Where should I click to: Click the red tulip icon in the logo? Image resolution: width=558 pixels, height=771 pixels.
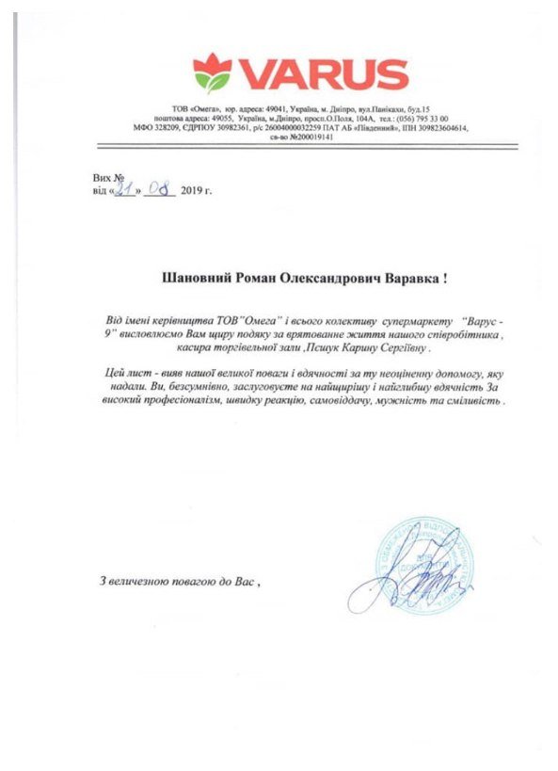(214, 72)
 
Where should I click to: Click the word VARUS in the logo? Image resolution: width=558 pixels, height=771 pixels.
(320, 73)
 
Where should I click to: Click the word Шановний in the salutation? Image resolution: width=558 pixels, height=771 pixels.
(194, 278)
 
